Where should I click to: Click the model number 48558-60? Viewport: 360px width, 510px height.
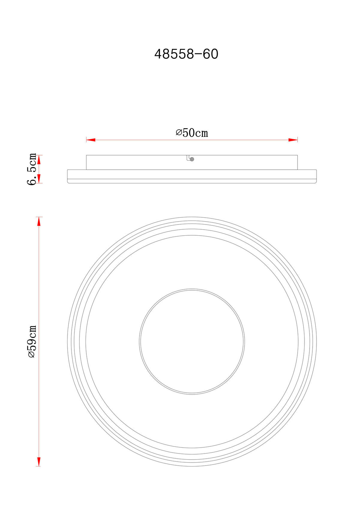(x=186, y=54)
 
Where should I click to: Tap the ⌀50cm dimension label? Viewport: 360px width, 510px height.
(x=192, y=133)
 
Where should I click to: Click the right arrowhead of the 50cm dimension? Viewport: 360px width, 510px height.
(x=293, y=140)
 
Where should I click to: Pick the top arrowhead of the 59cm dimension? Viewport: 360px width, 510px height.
(x=39, y=222)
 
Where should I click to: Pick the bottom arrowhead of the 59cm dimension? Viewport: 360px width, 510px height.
(x=39, y=462)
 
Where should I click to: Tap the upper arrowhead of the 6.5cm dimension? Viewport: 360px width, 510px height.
(x=39, y=159)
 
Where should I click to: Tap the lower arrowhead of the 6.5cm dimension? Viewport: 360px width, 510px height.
(x=39, y=179)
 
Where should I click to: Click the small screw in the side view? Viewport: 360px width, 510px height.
(x=192, y=159)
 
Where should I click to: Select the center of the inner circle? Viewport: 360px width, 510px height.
(x=192, y=341)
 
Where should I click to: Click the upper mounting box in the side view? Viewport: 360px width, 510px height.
(x=135, y=162)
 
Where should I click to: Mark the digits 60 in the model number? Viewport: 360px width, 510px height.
(x=210, y=54)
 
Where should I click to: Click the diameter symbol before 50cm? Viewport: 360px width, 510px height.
(x=179, y=133)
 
